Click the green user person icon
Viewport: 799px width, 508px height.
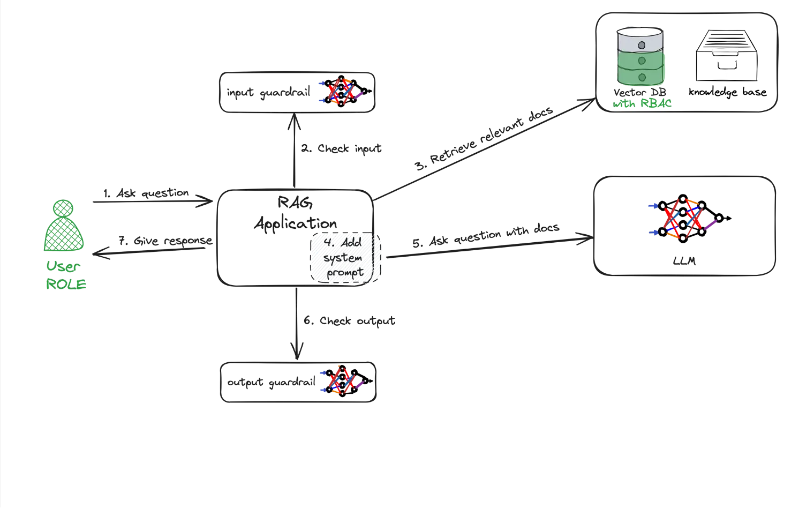pyautogui.click(x=64, y=226)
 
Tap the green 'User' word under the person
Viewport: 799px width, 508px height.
pyautogui.click(x=63, y=266)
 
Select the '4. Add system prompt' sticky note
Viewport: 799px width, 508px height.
pyautogui.click(x=345, y=258)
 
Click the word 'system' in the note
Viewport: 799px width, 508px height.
pyautogui.click(x=343, y=258)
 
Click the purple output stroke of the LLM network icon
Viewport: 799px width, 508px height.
pyautogui.click(x=711, y=225)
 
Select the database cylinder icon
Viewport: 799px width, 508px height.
pyautogui.click(x=640, y=57)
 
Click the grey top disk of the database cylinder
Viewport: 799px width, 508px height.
pyautogui.click(x=640, y=39)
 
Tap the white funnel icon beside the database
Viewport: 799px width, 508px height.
pyautogui.click(x=726, y=56)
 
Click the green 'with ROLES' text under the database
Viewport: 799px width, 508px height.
pyautogui.click(x=642, y=103)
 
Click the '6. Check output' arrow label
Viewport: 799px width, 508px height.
pyautogui.click(x=351, y=320)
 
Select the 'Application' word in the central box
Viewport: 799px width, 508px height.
pyautogui.click(x=296, y=222)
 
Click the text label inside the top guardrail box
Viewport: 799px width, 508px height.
pyautogui.click(x=269, y=93)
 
